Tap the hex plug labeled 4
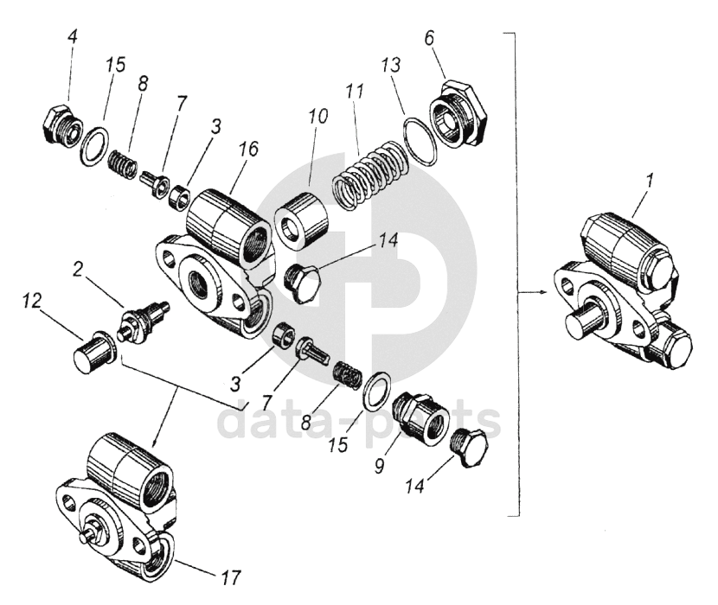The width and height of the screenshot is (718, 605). tap(61, 126)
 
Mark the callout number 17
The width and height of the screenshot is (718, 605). tap(231, 575)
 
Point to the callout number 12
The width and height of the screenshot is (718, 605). tap(32, 300)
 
